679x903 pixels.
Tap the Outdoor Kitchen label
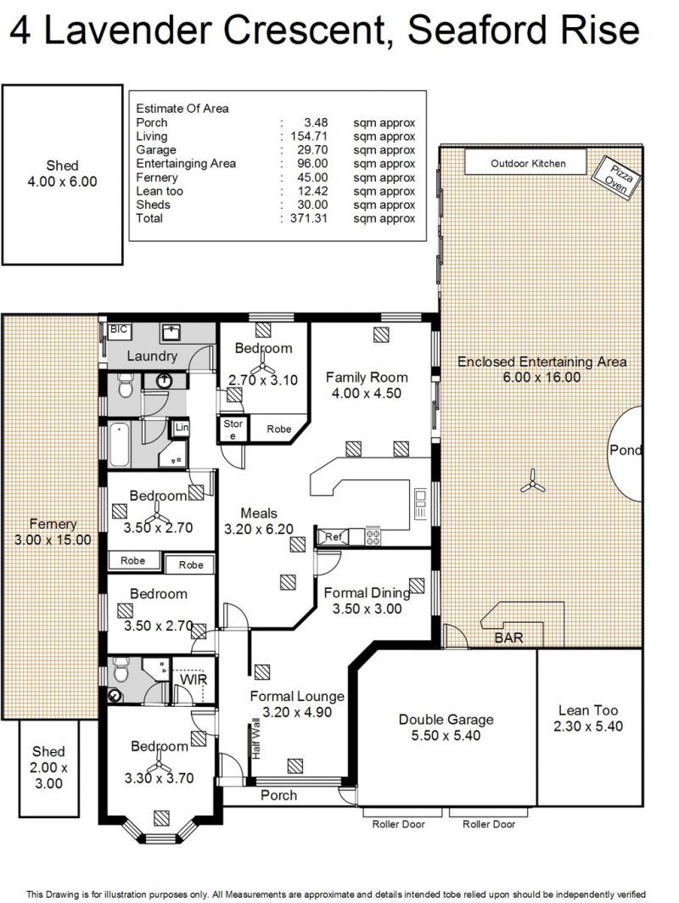(x=528, y=164)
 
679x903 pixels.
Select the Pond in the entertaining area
(x=626, y=453)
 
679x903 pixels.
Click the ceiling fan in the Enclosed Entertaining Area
(x=533, y=481)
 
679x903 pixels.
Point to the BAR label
(x=508, y=637)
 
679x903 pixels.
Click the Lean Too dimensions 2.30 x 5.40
(x=588, y=726)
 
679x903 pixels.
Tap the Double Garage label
(x=446, y=720)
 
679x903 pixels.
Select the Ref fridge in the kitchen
(x=333, y=536)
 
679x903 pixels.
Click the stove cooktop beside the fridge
(x=373, y=536)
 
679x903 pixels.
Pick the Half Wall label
(x=256, y=738)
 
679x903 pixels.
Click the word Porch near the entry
(x=278, y=795)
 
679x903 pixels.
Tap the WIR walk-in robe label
(x=193, y=680)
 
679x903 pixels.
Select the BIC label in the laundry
(x=118, y=329)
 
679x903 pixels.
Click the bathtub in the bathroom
(x=119, y=445)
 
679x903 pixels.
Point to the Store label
(x=233, y=429)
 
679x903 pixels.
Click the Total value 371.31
(x=309, y=218)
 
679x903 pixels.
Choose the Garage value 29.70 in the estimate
(x=312, y=149)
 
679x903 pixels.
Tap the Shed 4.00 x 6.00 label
(x=62, y=173)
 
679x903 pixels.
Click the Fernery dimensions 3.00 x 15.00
(x=53, y=540)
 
